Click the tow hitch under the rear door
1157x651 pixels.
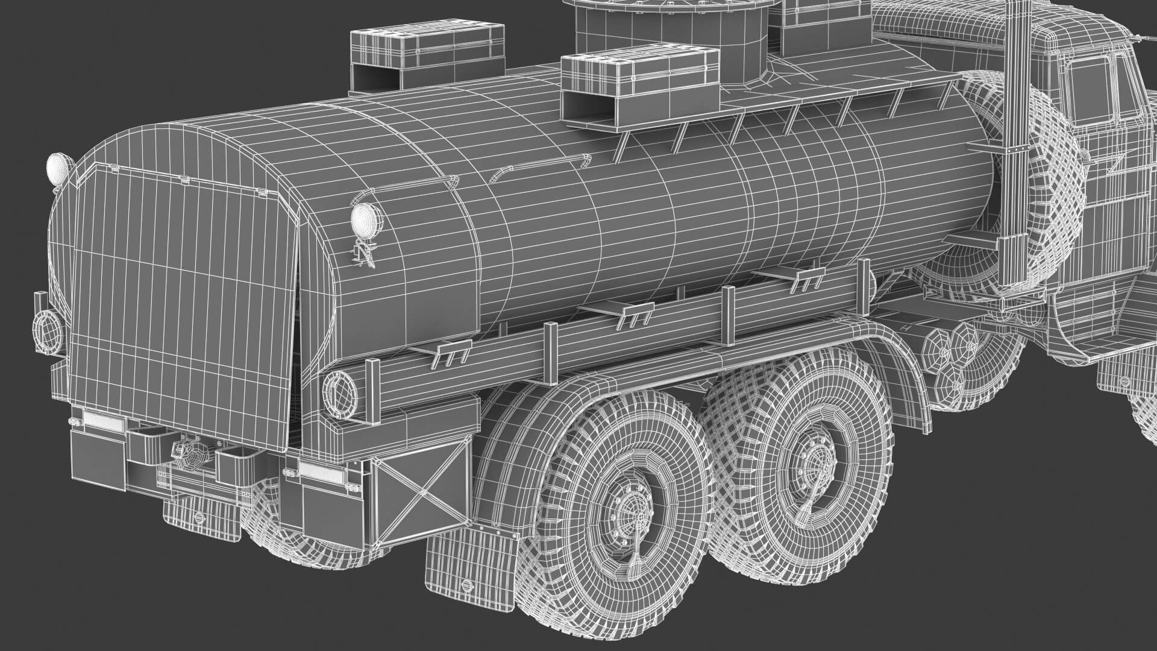190,454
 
